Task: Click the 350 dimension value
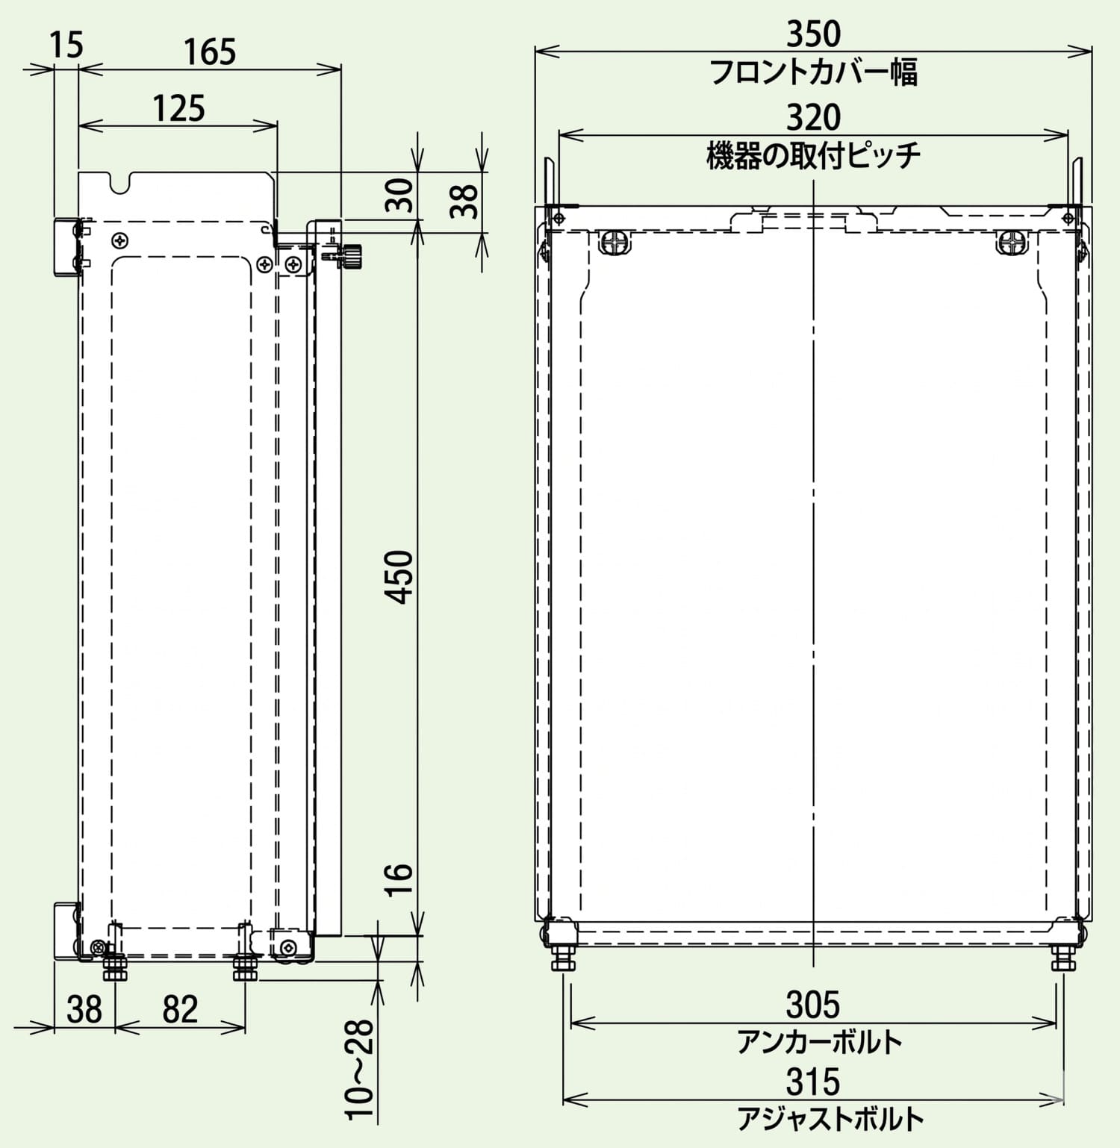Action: [x=813, y=34]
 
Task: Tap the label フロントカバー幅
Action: [x=813, y=72]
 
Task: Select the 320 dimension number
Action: [x=813, y=117]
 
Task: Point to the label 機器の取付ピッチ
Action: [x=813, y=156]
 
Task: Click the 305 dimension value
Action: [x=813, y=1004]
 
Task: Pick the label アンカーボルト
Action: [x=820, y=1042]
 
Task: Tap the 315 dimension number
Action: [x=813, y=1082]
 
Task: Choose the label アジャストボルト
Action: [x=830, y=1119]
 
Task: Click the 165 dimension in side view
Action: [x=210, y=52]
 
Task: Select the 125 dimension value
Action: [x=179, y=109]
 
